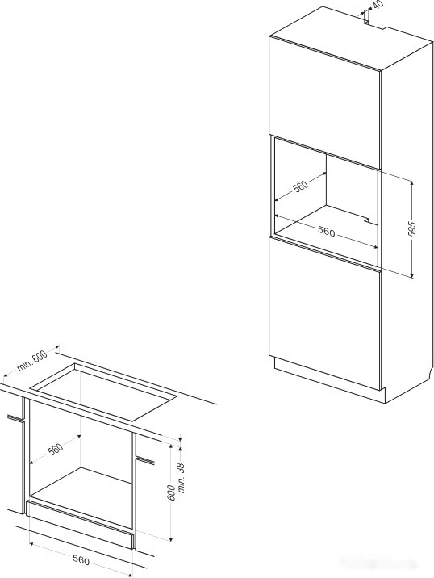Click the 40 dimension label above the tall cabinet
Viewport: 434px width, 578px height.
(x=378, y=5)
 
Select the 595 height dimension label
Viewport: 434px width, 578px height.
(x=413, y=229)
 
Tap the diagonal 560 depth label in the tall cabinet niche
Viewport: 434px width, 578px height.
(x=300, y=186)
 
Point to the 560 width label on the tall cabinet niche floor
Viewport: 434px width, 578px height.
(x=326, y=232)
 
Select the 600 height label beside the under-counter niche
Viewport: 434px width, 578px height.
(x=172, y=492)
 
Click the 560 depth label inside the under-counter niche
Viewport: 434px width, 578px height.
(x=56, y=449)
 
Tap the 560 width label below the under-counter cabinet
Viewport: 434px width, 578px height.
(x=81, y=560)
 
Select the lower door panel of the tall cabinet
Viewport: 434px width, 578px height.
(x=324, y=313)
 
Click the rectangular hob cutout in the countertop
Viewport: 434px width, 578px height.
(x=104, y=392)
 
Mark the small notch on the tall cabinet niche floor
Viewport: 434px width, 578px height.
(x=366, y=220)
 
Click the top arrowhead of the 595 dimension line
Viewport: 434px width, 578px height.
(x=412, y=183)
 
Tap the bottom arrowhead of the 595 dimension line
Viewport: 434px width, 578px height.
(x=412, y=275)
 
